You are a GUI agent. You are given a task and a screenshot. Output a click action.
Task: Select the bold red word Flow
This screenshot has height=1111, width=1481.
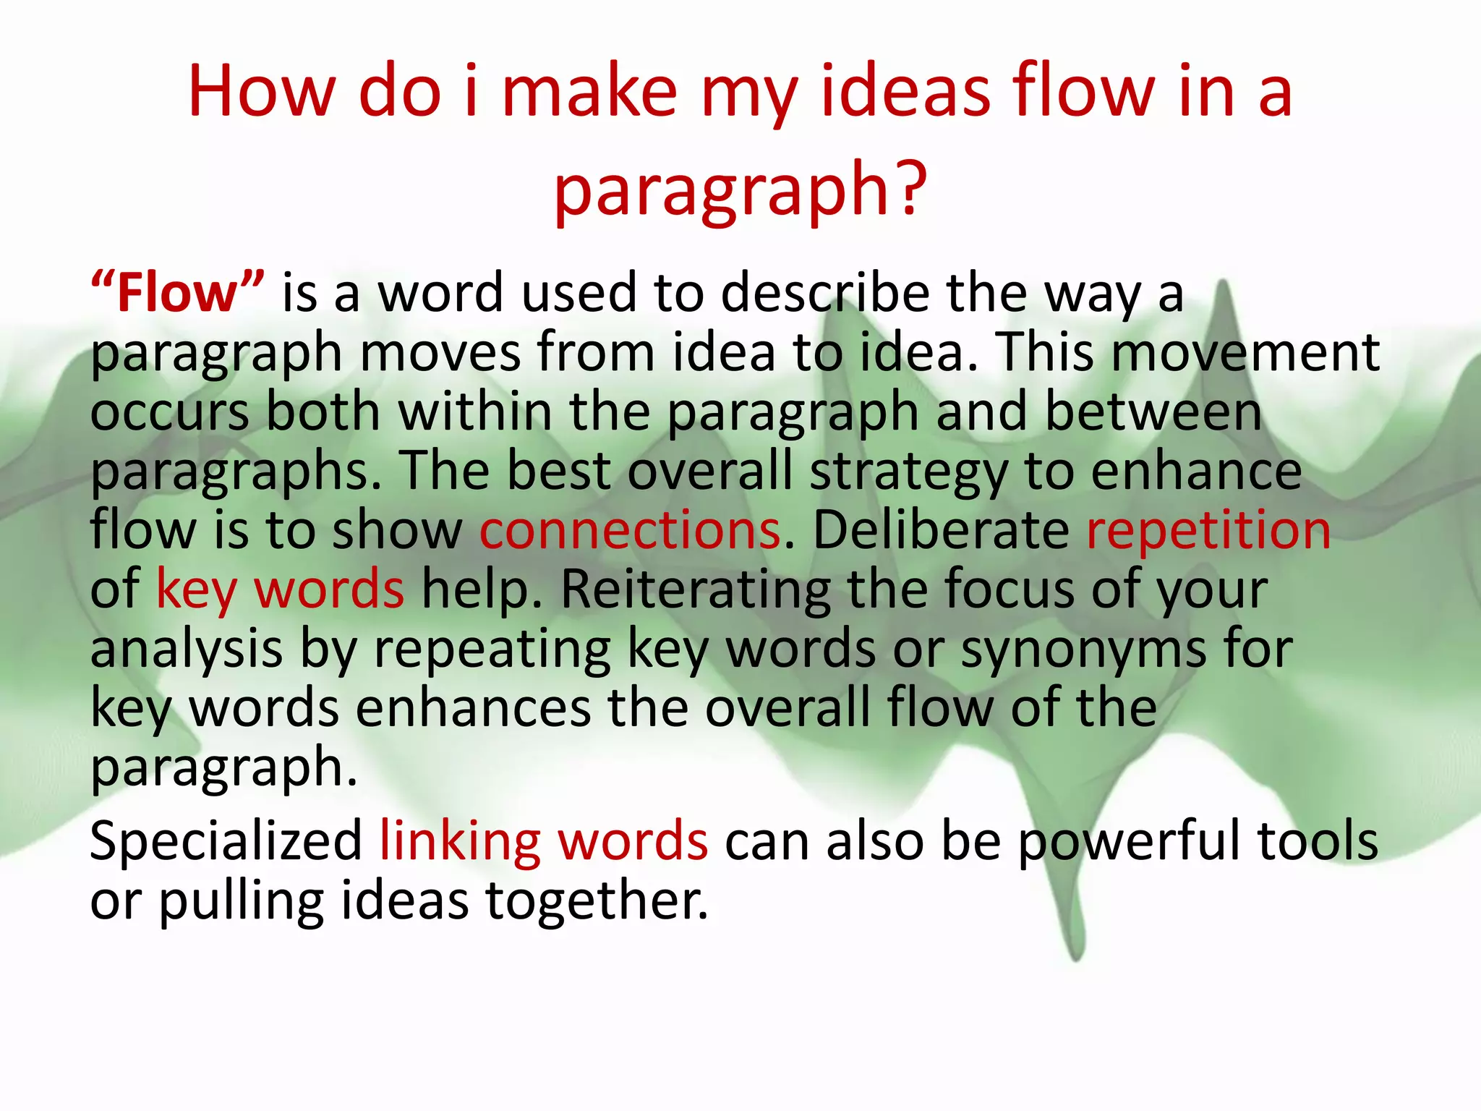[177, 294]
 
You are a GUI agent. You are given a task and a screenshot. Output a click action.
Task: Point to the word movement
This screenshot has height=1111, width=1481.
[1245, 353]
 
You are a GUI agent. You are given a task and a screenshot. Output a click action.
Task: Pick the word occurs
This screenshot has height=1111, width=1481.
[169, 412]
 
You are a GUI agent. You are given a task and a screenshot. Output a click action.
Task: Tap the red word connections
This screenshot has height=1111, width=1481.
[630, 530]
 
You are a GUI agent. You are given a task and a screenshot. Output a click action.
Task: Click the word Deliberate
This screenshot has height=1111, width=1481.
[940, 530]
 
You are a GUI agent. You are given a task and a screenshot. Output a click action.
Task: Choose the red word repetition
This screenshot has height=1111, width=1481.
[1208, 530]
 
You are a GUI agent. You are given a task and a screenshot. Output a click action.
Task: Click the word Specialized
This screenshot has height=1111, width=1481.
[226, 841]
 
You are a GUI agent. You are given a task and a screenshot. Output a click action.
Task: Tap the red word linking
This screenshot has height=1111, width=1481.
[460, 841]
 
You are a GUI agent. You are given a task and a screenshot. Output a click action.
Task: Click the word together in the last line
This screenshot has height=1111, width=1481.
[596, 901]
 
